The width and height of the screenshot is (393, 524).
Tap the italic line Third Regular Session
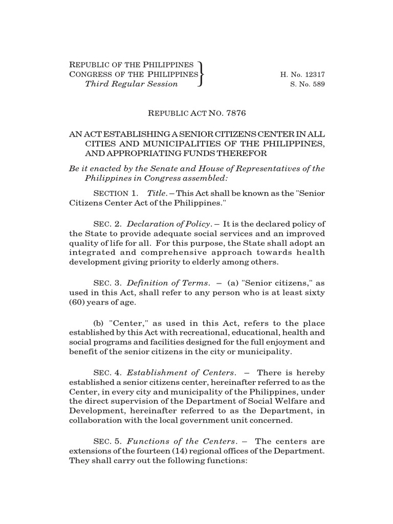click(131, 84)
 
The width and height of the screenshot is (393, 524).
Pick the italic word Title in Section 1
click(156, 193)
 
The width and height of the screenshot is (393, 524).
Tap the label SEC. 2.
click(106, 224)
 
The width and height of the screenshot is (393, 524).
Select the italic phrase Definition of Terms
click(168, 283)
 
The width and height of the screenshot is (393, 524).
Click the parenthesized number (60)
click(77, 302)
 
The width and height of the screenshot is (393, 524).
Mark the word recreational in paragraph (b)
click(205, 333)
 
